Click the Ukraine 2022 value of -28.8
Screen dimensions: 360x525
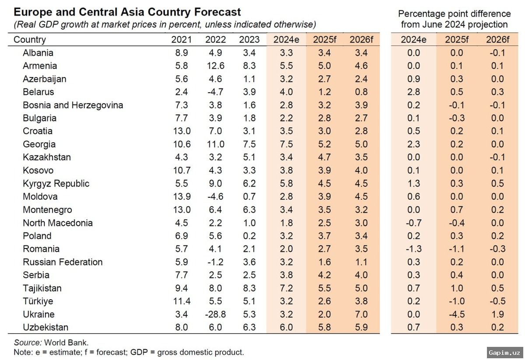point(215,314)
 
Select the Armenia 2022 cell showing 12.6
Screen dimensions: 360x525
point(215,66)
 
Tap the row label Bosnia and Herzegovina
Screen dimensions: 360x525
point(73,105)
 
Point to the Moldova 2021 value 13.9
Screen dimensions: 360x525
point(181,196)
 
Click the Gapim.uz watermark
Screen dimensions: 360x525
point(504,352)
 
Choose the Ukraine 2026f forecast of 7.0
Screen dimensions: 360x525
point(361,314)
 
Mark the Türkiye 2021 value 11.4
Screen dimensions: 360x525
point(181,301)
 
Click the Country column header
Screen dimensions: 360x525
point(30,39)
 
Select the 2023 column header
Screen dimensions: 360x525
point(249,39)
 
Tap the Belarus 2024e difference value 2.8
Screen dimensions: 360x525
point(413,92)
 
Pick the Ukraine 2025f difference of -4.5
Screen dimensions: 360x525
point(456,314)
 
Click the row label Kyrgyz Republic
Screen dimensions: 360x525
point(56,183)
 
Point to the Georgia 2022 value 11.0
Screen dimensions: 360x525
point(215,144)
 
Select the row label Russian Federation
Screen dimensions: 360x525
point(63,262)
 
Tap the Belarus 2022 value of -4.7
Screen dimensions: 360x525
point(215,92)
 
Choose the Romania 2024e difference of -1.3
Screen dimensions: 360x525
point(413,248)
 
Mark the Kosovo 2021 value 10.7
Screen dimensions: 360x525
point(181,170)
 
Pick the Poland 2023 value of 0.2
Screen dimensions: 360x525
point(249,235)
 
